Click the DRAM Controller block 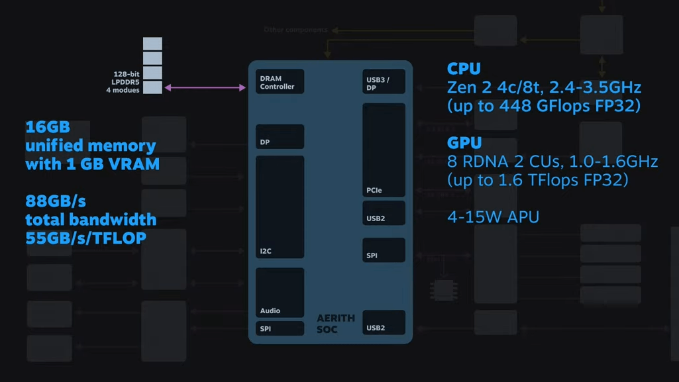click(280, 81)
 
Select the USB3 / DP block click(384, 82)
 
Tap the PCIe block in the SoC click(384, 150)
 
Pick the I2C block click(280, 207)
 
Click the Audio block click(280, 293)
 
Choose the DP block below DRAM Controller click(280, 136)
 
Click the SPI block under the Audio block click(280, 328)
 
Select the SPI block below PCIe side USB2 click(384, 250)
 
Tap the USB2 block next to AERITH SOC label click(384, 322)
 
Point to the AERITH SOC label click(335, 323)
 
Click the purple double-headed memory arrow click(205, 87)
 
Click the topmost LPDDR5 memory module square click(152, 44)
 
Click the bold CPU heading click(464, 69)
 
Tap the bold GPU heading click(464, 143)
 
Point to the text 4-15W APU click(493, 217)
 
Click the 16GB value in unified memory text click(48, 127)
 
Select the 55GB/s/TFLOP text click(85, 238)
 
